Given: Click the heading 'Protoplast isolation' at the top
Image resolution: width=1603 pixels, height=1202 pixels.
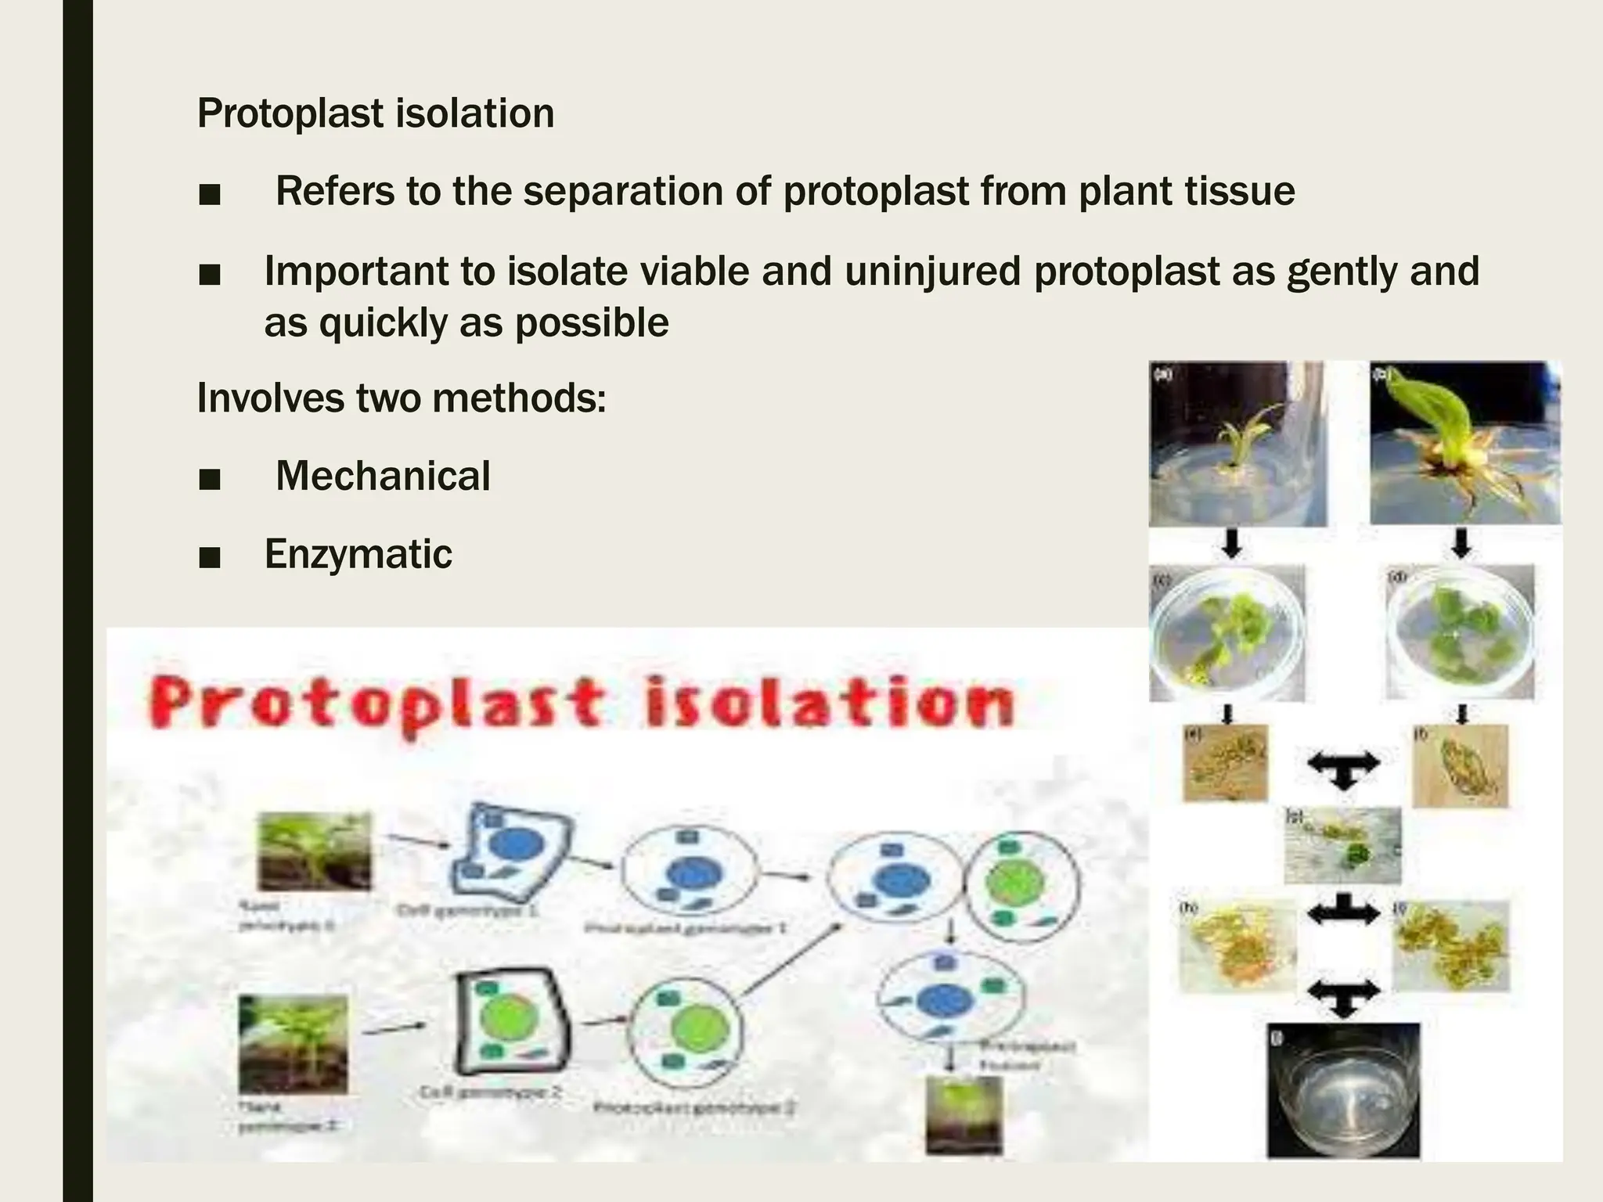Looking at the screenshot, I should pos(375,113).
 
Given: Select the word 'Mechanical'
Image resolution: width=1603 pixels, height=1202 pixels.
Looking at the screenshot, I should pos(383,476).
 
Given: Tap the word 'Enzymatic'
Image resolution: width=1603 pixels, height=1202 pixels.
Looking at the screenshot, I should pos(358,554).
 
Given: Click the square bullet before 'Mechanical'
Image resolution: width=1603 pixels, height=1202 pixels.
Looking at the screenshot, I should pos(210,478).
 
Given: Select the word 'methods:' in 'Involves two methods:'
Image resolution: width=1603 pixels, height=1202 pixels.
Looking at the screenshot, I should pos(519,398).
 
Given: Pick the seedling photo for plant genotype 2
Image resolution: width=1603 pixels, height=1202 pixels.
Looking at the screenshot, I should pos(294,1043).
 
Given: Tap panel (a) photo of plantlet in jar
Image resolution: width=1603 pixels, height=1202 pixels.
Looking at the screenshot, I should pos(1237,443).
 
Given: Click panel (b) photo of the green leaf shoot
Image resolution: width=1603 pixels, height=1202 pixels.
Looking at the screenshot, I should pos(1464,443).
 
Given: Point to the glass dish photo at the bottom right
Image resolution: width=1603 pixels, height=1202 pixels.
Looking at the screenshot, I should pos(1342,1090).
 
